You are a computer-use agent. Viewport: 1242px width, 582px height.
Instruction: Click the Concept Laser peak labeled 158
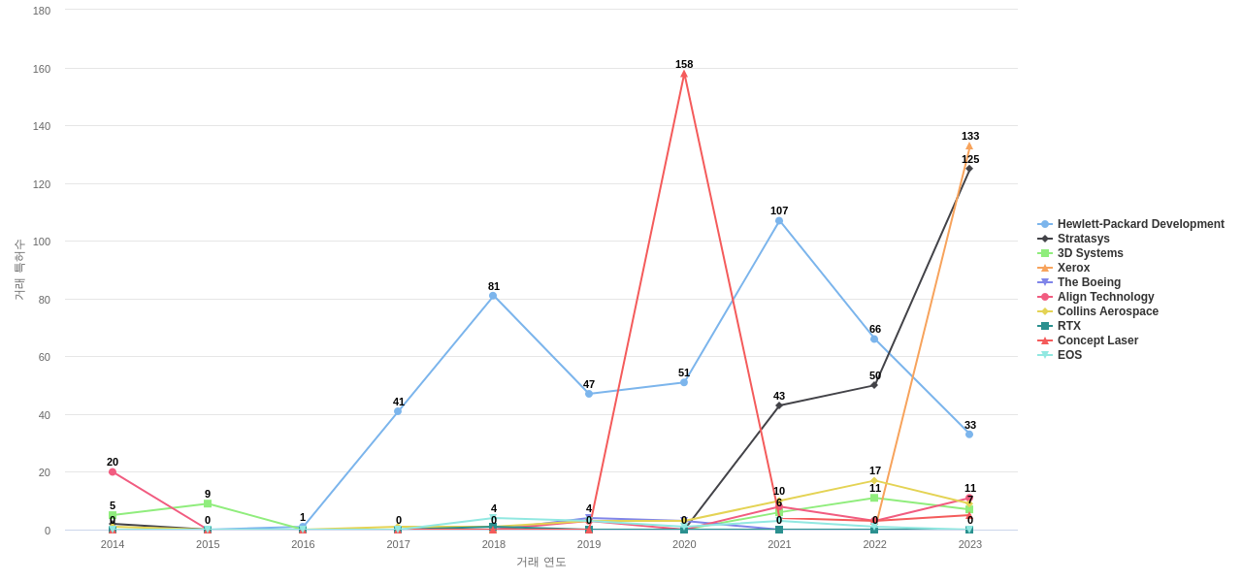tap(684, 74)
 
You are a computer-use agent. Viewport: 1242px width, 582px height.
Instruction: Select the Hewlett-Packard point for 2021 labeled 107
tap(779, 221)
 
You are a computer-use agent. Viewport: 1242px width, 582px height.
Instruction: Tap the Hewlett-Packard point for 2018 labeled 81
tap(493, 296)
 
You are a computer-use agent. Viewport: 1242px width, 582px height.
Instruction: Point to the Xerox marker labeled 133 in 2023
tap(968, 146)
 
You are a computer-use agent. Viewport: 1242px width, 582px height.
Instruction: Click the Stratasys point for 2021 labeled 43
tap(779, 405)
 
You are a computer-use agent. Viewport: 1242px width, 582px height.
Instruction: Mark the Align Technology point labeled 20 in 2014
tap(113, 472)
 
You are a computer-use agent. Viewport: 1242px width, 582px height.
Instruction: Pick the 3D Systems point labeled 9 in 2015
tap(208, 504)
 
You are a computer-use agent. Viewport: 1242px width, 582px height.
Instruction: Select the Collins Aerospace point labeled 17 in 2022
tap(874, 481)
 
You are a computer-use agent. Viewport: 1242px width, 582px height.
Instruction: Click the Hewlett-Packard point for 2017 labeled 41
tap(398, 411)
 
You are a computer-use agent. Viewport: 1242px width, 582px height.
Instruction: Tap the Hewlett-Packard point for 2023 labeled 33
tap(969, 435)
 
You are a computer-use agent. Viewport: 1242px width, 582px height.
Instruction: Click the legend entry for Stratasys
tap(1083, 239)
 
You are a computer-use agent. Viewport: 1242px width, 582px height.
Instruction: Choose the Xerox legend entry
tap(1073, 268)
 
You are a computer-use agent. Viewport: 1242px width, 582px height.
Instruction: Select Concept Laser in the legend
tap(1097, 340)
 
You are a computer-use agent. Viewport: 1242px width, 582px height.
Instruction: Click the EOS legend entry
tap(1069, 355)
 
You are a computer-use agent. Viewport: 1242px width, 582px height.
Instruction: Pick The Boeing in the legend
tap(1089, 282)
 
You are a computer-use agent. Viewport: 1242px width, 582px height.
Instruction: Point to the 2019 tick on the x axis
tap(589, 544)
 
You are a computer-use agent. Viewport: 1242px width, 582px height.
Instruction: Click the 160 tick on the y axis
tap(42, 69)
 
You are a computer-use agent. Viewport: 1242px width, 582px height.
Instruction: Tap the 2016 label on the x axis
tap(303, 544)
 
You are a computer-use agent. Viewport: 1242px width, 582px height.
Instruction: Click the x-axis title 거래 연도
tap(541, 562)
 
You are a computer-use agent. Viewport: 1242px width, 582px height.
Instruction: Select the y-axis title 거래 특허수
tap(18, 270)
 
